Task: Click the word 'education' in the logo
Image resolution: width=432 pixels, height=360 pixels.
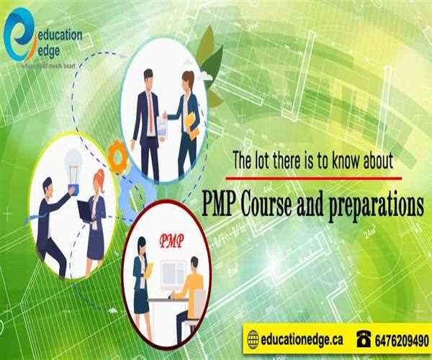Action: coord(59,34)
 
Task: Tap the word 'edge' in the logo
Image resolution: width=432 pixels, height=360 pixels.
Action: coord(50,50)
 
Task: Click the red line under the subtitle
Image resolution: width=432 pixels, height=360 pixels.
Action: coord(314,176)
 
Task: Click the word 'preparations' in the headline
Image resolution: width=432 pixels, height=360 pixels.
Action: coord(377,205)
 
